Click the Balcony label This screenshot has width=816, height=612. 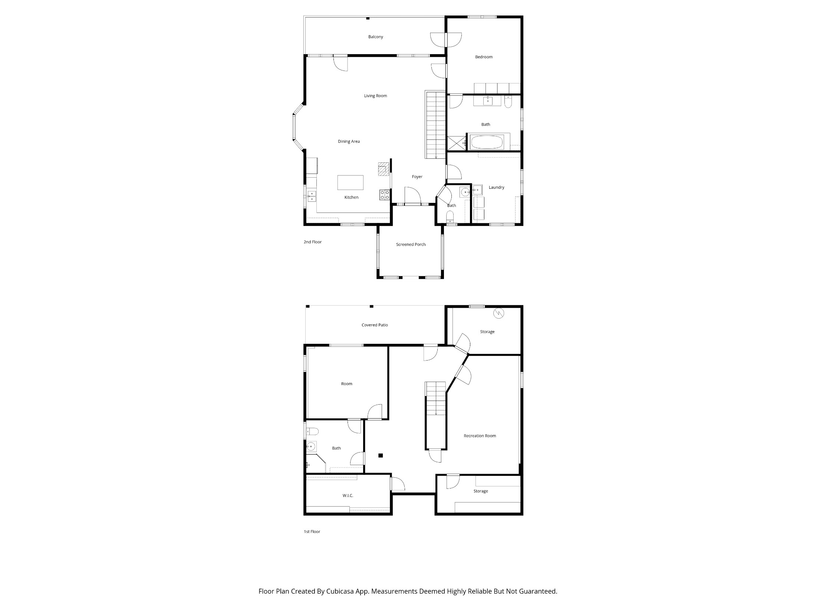pyautogui.click(x=375, y=37)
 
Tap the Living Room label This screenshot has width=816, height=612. pyautogui.click(x=375, y=96)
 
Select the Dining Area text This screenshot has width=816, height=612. pyautogui.click(x=349, y=141)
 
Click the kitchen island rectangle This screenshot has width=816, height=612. pyautogui.click(x=350, y=182)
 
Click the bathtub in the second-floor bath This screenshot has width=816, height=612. pyautogui.click(x=487, y=142)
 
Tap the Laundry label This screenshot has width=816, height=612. pyautogui.click(x=496, y=187)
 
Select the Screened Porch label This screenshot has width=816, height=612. pyautogui.click(x=411, y=244)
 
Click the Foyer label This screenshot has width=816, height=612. pyautogui.click(x=417, y=177)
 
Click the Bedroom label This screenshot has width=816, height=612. pyautogui.click(x=484, y=57)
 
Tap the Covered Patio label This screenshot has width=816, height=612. pyautogui.click(x=375, y=325)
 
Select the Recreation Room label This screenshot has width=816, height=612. pyautogui.click(x=480, y=436)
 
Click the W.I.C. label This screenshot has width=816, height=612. pyautogui.click(x=348, y=496)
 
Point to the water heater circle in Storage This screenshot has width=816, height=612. pyautogui.click(x=499, y=313)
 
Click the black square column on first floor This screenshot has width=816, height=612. pyautogui.click(x=381, y=456)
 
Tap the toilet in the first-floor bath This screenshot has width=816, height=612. pyautogui.click(x=312, y=431)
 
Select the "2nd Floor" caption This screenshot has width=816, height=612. pyautogui.click(x=313, y=242)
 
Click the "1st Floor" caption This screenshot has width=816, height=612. pyautogui.click(x=312, y=532)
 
